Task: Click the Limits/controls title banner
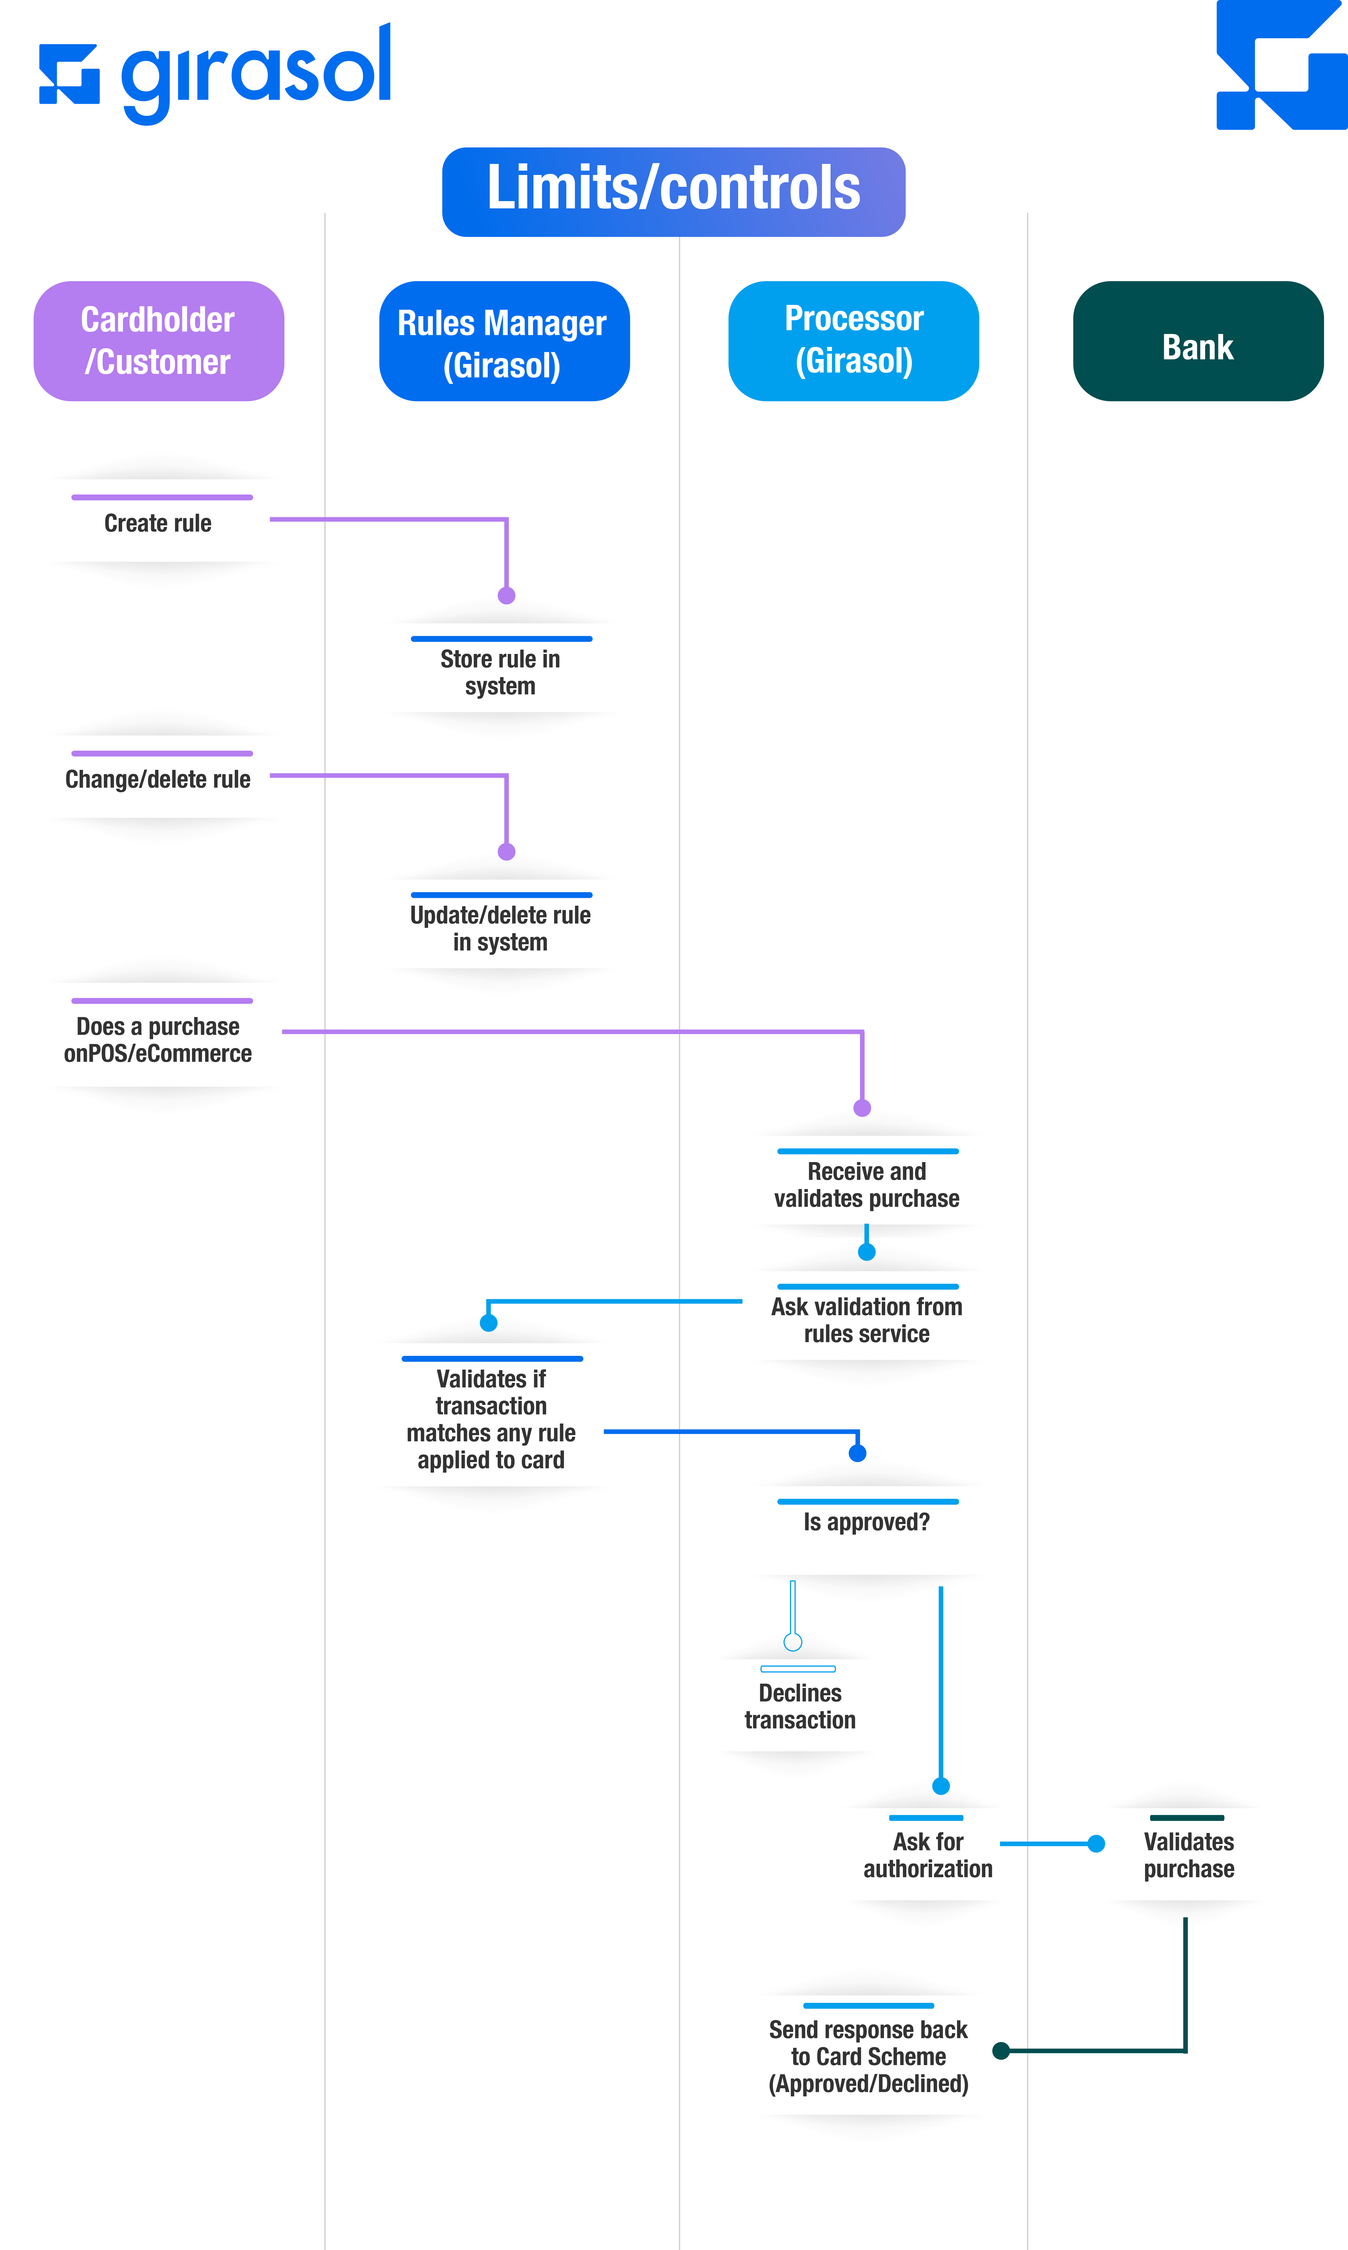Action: pyautogui.click(x=673, y=192)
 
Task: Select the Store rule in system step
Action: pyautogui.click(x=501, y=672)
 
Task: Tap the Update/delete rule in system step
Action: pyautogui.click(x=501, y=928)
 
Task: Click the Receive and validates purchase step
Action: pyautogui.click(x=866, y=1185)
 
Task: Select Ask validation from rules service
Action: pyautogui.click(x=866, y=1320)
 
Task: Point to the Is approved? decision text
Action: pyautogui.click(x=866, y=1522)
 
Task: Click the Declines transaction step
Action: pyautogui.click(x=800, y=1706)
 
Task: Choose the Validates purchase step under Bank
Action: pyautogui.click(x=1189, y=1855)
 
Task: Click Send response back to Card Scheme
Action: pyautogui.click(x=868, y=2057)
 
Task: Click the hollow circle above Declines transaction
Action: pyautogui.click(x=793, y=1642)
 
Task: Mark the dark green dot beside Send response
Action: pyautogui.click(x=1001, y=2050)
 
